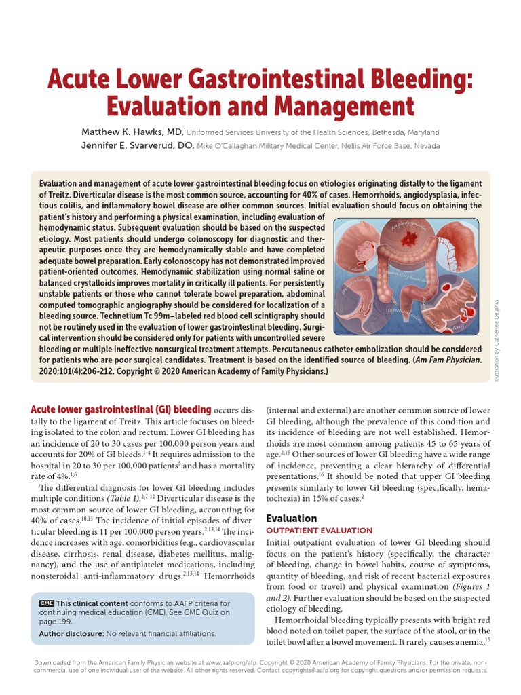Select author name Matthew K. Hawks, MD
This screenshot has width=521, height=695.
pos(132,132)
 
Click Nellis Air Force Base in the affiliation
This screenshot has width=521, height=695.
pos(367,146)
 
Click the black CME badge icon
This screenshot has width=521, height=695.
pos(47,603)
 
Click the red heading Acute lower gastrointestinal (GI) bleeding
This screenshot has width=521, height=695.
pos(121,410)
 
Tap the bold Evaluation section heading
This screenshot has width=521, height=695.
pos(291,518)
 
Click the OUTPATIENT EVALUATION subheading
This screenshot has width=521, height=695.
pos(319,530)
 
